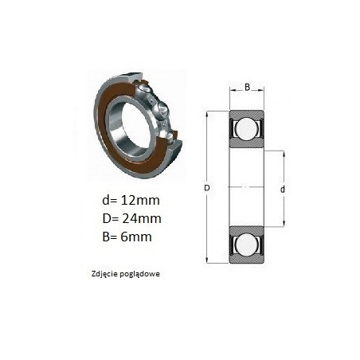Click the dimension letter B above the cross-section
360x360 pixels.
(247, 87)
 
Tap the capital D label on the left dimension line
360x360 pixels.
(207, 188)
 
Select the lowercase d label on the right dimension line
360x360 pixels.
(283, 190)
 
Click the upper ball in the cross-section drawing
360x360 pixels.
(246, 128)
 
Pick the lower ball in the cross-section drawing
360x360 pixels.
(246, 245)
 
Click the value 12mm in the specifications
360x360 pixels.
(140, 200)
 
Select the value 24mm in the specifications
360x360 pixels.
(142, 218)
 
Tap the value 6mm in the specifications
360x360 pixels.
(136, 237)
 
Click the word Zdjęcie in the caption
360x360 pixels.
(104, 274)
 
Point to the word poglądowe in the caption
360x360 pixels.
(140, 274)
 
